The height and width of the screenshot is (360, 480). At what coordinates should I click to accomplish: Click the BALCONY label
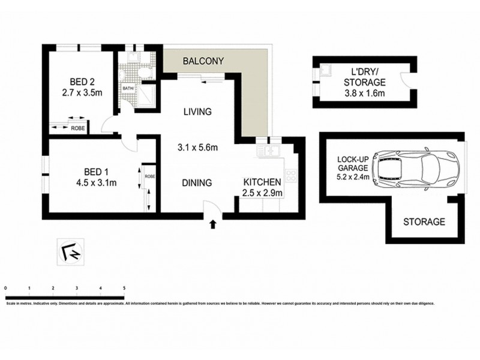(x=203, y=61)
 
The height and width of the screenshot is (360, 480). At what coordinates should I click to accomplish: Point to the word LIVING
(x=197, y=112)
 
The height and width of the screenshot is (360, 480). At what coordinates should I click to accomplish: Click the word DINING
(x=197, y=183)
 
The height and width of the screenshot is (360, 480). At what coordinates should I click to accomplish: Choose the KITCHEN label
(x=262, y=182)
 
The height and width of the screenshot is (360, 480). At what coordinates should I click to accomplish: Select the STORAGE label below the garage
(x=424, y=222)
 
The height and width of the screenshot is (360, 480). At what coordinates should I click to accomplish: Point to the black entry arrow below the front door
(x=212, y=225)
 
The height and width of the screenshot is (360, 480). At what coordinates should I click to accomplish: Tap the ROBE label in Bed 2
(x=78, y=128)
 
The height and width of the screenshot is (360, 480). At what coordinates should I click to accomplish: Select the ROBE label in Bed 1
(x=149, y=178)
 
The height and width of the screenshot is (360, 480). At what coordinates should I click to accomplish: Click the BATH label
(x=128, y=89)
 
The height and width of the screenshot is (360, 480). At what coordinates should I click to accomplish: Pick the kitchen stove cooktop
(x=291, y=176)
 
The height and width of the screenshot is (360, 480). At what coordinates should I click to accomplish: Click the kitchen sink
(x=266, y=151)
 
